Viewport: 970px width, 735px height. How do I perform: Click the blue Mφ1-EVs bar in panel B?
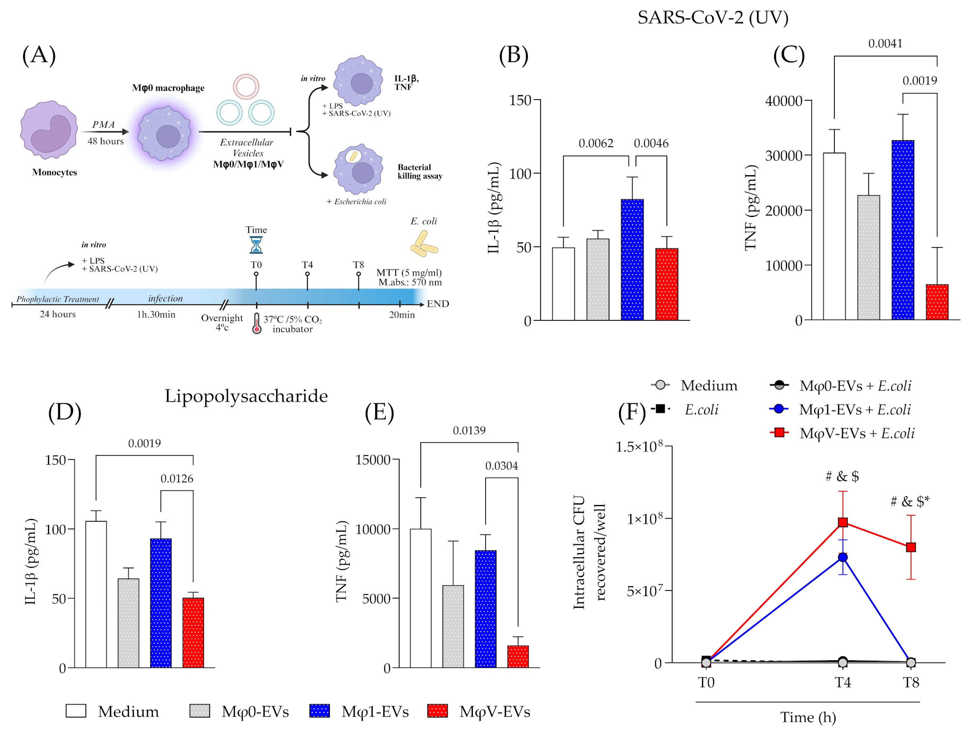[x=632, y=260]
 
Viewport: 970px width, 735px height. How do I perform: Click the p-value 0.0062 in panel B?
[x=596, y=143]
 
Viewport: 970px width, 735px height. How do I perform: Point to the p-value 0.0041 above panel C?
[x=885, y=43]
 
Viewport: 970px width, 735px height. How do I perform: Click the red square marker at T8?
[x=911, y=547]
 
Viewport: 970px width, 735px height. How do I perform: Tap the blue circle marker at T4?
[x=842, y=557]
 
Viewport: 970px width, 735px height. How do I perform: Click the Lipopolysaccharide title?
[x=246, y=396]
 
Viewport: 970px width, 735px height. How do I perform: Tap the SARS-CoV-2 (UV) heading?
[x=712, y=17]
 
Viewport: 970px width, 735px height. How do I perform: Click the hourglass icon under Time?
[x=256, y=245]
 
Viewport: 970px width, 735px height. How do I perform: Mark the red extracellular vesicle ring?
[x=246, y=87]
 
